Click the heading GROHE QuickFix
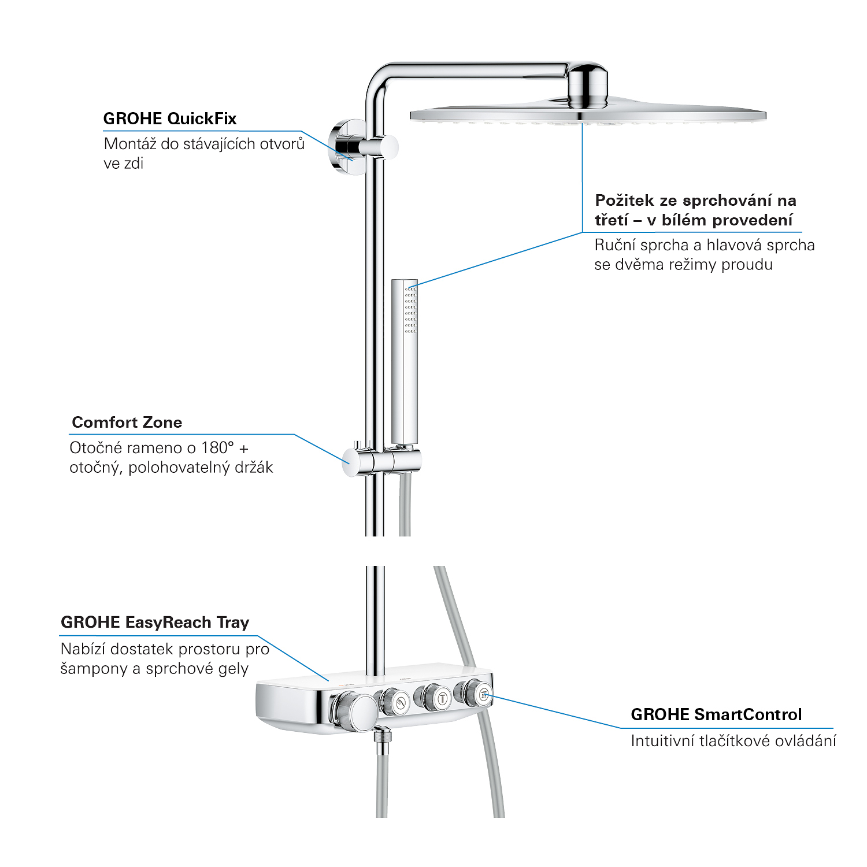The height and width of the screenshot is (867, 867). [x=170, y=119]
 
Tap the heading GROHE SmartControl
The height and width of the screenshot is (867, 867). [x=716, y=715]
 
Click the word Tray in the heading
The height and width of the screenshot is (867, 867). [x=233, y=623]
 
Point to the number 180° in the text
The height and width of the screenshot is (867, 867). [x=218, y=448]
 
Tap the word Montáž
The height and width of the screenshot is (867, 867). [x=130, y=144]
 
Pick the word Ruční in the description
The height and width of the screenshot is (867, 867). [x=613, y=246]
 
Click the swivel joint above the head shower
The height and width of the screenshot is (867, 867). [x=587, y=86]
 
